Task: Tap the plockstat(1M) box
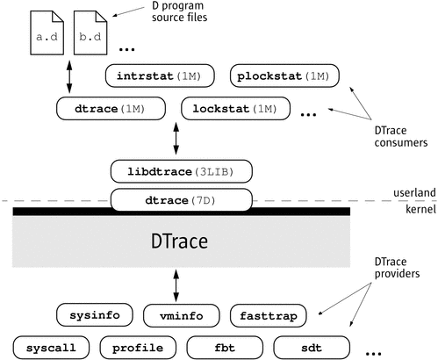point(282,76)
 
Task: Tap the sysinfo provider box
point(94,313)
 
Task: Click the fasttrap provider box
point(268,313)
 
